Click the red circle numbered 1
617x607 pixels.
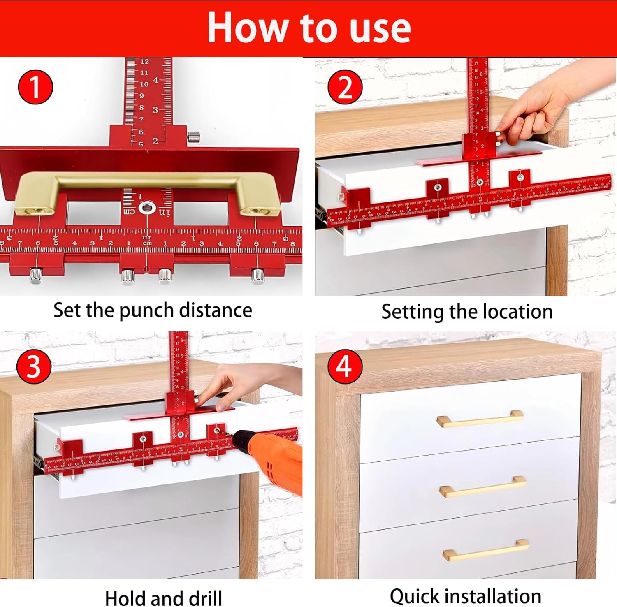(35, 87)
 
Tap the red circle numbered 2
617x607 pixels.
(345, 87)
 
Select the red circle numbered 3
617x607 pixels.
(34, 366)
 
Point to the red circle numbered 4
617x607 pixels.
(345, 366)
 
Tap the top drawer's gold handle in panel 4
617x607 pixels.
(480, 419)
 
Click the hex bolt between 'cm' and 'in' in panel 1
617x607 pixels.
(146, 208)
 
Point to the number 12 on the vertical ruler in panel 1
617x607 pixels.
(144, 62)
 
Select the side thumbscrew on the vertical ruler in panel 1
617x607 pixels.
(194, 136)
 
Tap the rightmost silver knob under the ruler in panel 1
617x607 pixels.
(257, 276)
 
